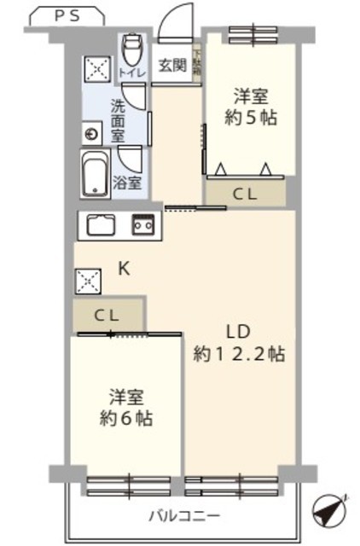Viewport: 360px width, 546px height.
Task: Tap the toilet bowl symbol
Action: click(x=132, y=52)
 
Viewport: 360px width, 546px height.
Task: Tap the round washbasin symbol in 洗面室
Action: click(x=92, y=132)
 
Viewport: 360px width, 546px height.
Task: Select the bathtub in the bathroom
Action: click(x=96, y=174)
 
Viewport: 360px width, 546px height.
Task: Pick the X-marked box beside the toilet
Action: click(x=95, y=67)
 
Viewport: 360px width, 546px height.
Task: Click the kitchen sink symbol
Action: click(x=102, y=226)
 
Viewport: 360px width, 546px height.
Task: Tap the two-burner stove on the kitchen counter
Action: click(x=141, y=226)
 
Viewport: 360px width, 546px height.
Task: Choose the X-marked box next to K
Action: click(x=85, y=280)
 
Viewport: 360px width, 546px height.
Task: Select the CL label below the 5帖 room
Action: click(x=245, y=194)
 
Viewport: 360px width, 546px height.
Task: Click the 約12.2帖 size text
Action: click(x=239, y=353)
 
